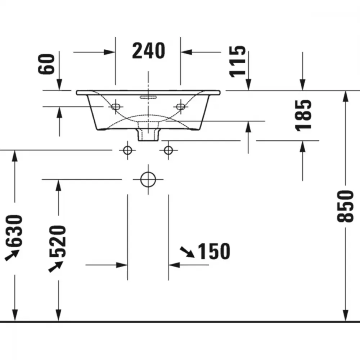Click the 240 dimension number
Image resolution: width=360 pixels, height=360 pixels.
[149, 50]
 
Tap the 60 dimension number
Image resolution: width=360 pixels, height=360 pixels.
[46, 64]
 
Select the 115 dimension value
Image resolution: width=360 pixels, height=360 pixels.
[237, 61]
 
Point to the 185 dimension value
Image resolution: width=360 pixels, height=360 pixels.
[303, 116]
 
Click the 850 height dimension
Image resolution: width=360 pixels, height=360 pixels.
[345, 206]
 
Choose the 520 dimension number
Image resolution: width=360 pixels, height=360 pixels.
[58, 241]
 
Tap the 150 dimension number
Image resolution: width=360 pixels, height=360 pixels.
[214, 251]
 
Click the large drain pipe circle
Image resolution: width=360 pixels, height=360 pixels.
[148, 179]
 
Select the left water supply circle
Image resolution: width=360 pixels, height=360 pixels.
[127, 150]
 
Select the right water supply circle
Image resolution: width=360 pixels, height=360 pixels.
[168, 150]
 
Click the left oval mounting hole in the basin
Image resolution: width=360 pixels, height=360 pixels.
[116, 107]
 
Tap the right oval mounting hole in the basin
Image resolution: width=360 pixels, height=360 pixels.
[181, 107]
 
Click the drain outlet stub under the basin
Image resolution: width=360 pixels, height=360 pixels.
[148, 135]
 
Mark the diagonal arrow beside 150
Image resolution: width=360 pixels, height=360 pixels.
[187, 252]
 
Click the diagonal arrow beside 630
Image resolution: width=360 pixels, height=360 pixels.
[12, 255]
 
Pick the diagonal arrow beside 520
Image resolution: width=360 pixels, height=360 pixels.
[55, 266]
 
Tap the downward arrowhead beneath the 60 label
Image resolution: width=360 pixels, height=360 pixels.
[59, 85]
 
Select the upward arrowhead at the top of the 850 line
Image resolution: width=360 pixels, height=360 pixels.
[345, 96]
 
